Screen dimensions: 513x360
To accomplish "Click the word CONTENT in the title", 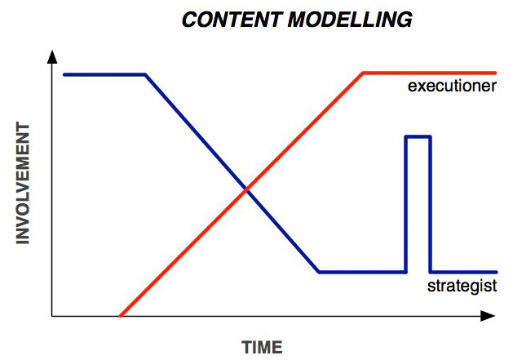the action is (231, 20).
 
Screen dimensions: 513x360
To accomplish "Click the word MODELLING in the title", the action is (350, 20).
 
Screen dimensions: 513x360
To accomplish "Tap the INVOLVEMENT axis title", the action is (23, 184).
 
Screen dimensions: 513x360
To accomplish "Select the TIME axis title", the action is (262, 347).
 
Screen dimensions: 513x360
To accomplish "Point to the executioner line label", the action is (452, 86).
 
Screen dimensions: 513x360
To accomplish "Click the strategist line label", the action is (462, 286).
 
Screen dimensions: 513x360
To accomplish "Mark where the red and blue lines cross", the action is (246, 189).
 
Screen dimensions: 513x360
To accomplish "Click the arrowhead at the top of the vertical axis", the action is (52, 56).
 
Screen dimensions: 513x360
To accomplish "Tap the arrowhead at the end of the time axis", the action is (488, 316).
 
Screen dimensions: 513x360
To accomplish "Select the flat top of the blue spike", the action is (418, 136).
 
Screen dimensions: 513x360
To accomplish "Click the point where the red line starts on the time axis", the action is (121, 316).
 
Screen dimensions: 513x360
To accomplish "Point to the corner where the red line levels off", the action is (363, 73).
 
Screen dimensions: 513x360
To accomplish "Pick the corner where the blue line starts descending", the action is (145, 75).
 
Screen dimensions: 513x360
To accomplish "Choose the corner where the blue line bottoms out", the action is (319, 272).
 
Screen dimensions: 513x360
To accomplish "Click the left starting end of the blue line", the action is (64, 75).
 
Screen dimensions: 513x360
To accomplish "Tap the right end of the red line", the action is (495, 73).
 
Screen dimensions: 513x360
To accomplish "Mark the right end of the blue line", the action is (496, 272).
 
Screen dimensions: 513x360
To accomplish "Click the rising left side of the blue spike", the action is (406, 204).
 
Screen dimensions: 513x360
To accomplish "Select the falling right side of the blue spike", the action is (430, 204).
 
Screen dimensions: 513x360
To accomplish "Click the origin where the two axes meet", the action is (52, 316).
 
